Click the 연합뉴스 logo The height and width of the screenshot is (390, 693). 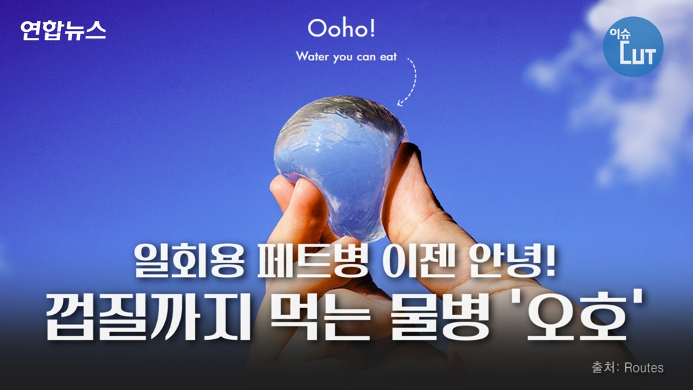(x=63, y=30)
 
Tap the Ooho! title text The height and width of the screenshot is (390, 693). (x=342, y=28)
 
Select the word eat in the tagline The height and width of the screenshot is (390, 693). (x=388, y=57)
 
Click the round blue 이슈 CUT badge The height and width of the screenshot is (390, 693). (x=633, y=47)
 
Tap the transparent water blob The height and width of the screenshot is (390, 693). (x=340, y=164)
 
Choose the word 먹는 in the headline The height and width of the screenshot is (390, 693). (x=320, y=317)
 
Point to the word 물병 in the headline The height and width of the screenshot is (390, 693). (x=441, y=317)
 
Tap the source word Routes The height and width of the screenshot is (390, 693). (x=644, y=368)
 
